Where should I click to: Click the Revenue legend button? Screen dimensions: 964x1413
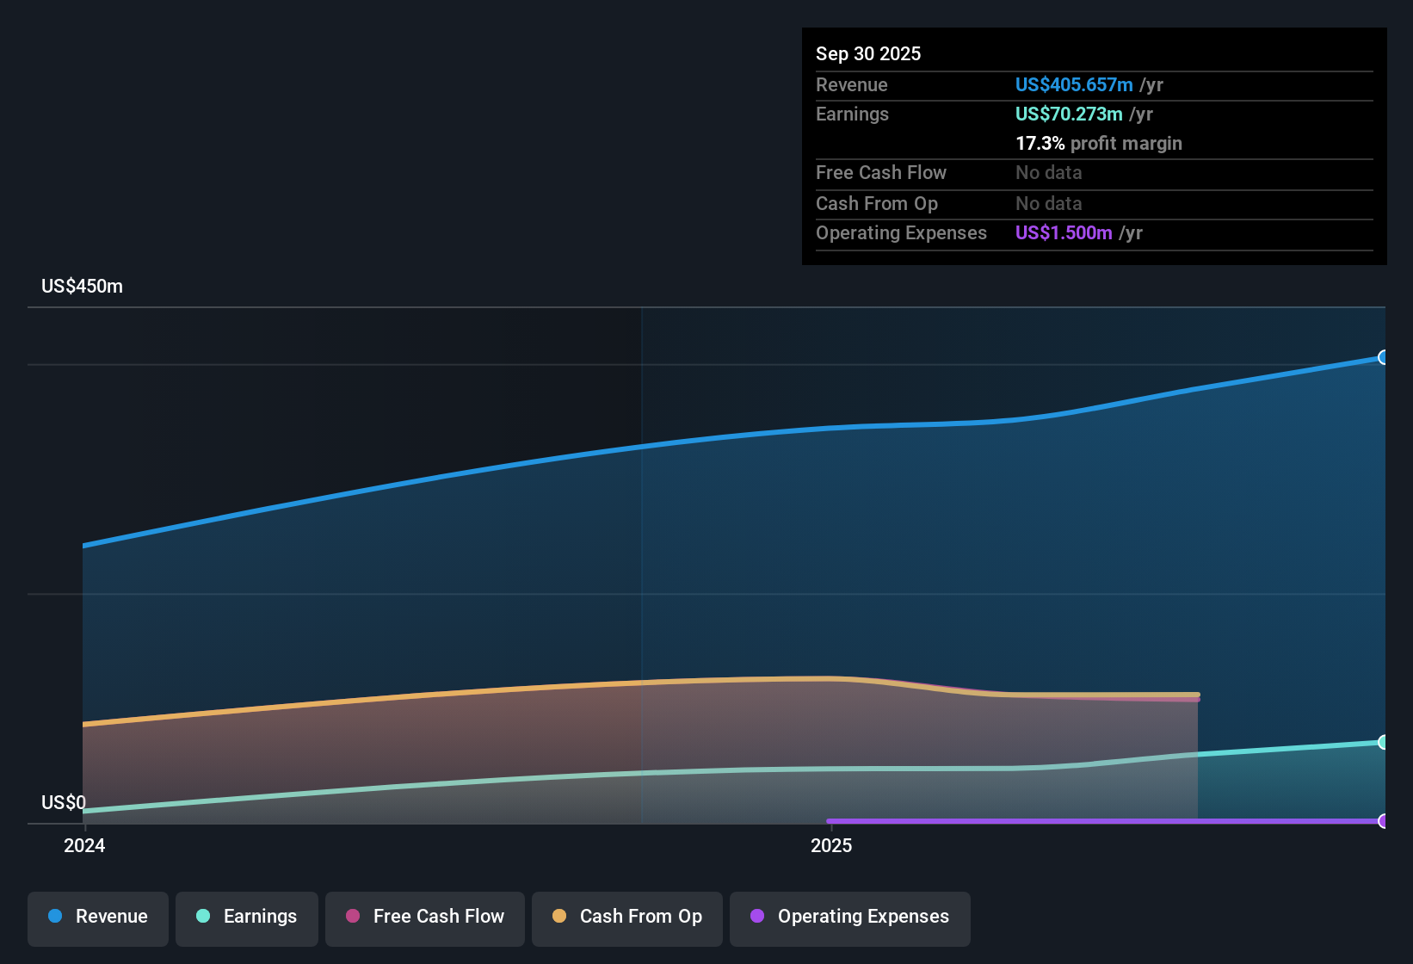pyautogui.click(x=98, y=917)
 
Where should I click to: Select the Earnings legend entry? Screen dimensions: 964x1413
pyautogui.click(x=247, y=917)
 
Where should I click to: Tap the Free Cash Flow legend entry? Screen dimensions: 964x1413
pyautogui.click(x=425, y=917)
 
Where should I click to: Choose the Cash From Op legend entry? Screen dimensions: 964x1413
pyautogui.click(x=627, y=917)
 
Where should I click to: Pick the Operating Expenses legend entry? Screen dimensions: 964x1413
pyautogui.click(x=850, y=917)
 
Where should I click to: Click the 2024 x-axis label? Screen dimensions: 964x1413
pyautogui.click(x=84, y=846)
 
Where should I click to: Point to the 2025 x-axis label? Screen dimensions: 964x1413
pyautogui.click(x=831, y=846)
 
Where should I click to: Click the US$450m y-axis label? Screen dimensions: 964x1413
pyautogui.click(x=82, y=287)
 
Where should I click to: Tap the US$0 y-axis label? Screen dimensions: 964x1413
pyautogui.click(x=64, y=803)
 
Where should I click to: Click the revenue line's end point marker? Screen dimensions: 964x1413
pyautogui.click(x=1383, y=357)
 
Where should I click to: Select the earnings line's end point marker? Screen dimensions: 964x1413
pyautogui.click(x=1383, y=742)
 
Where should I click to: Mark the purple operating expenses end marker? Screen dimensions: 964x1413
pyautogui.click(x=1383, y=821)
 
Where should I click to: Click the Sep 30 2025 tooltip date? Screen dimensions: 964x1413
pyautogui.click(x=868, y=54)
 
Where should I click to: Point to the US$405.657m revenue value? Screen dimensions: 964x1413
pyautogui.click(x=1073, y=85)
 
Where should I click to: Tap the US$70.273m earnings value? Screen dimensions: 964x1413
pyautogui.click(x=1068, y=114)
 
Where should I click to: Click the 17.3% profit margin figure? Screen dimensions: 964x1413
pyautogui.click(x=1040, y=144)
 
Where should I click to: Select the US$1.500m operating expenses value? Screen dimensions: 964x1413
pyautogui.click(x=1063, y=233)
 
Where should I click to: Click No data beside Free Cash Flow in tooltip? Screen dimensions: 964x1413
pyautogui.click(x=1048, y=173)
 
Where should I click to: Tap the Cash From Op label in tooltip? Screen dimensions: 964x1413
pyautogui.click(x=876, y=204)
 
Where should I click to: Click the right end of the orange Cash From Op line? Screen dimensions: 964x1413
pyautogui.click(x=1197, y=695)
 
